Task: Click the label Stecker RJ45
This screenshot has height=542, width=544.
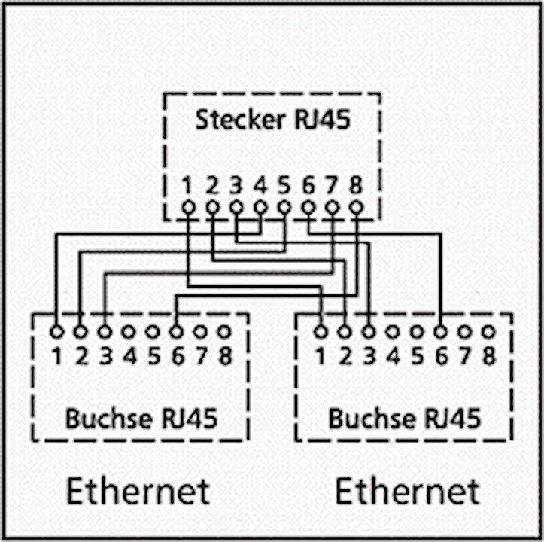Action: tap(272, 120)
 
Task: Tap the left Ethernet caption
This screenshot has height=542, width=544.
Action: tap(138, 491)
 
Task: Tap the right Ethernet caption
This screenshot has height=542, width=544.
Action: tap(407, 491)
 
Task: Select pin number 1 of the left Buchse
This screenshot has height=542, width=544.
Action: tap(57, 355)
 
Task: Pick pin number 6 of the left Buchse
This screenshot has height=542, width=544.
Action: tap(178, 355)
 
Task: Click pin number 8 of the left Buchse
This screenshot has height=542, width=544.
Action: tap(224, 355)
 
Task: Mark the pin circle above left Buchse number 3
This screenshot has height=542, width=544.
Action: tap(105, 331)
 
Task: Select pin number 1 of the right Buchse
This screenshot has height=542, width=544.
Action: tap(321, 355)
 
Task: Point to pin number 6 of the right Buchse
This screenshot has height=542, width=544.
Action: tap(442, 355)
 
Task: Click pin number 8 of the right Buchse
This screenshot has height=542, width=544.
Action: tap(490, 355)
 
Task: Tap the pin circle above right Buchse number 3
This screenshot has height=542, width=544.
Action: tap(369, 331)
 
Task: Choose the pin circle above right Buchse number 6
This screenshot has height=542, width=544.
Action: tap(442, 331)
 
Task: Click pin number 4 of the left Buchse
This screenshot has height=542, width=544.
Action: tap(129, 355)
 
